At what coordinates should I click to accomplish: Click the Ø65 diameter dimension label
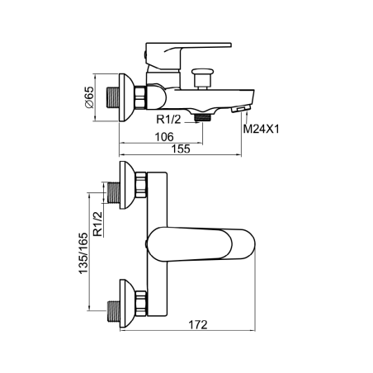90,97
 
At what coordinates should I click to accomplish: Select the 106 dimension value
164,137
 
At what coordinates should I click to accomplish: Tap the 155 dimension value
181,149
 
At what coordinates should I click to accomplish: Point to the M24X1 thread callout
261,129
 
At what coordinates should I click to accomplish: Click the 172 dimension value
198,325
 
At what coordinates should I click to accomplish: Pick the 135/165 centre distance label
83,253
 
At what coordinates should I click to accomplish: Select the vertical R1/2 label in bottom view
97,224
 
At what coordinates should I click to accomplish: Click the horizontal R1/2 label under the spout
169,120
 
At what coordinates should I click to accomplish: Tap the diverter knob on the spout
203,78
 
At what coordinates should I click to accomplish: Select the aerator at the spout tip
241,109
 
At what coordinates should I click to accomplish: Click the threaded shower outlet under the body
202,118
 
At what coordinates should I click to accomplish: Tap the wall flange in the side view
126,97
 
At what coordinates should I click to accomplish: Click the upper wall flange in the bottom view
127,185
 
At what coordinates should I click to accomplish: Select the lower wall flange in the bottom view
127,304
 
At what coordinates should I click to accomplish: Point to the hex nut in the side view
140,97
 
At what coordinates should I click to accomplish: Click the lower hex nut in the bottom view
141,303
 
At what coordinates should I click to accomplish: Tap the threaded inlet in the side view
113,97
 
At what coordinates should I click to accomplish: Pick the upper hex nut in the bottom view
141,185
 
